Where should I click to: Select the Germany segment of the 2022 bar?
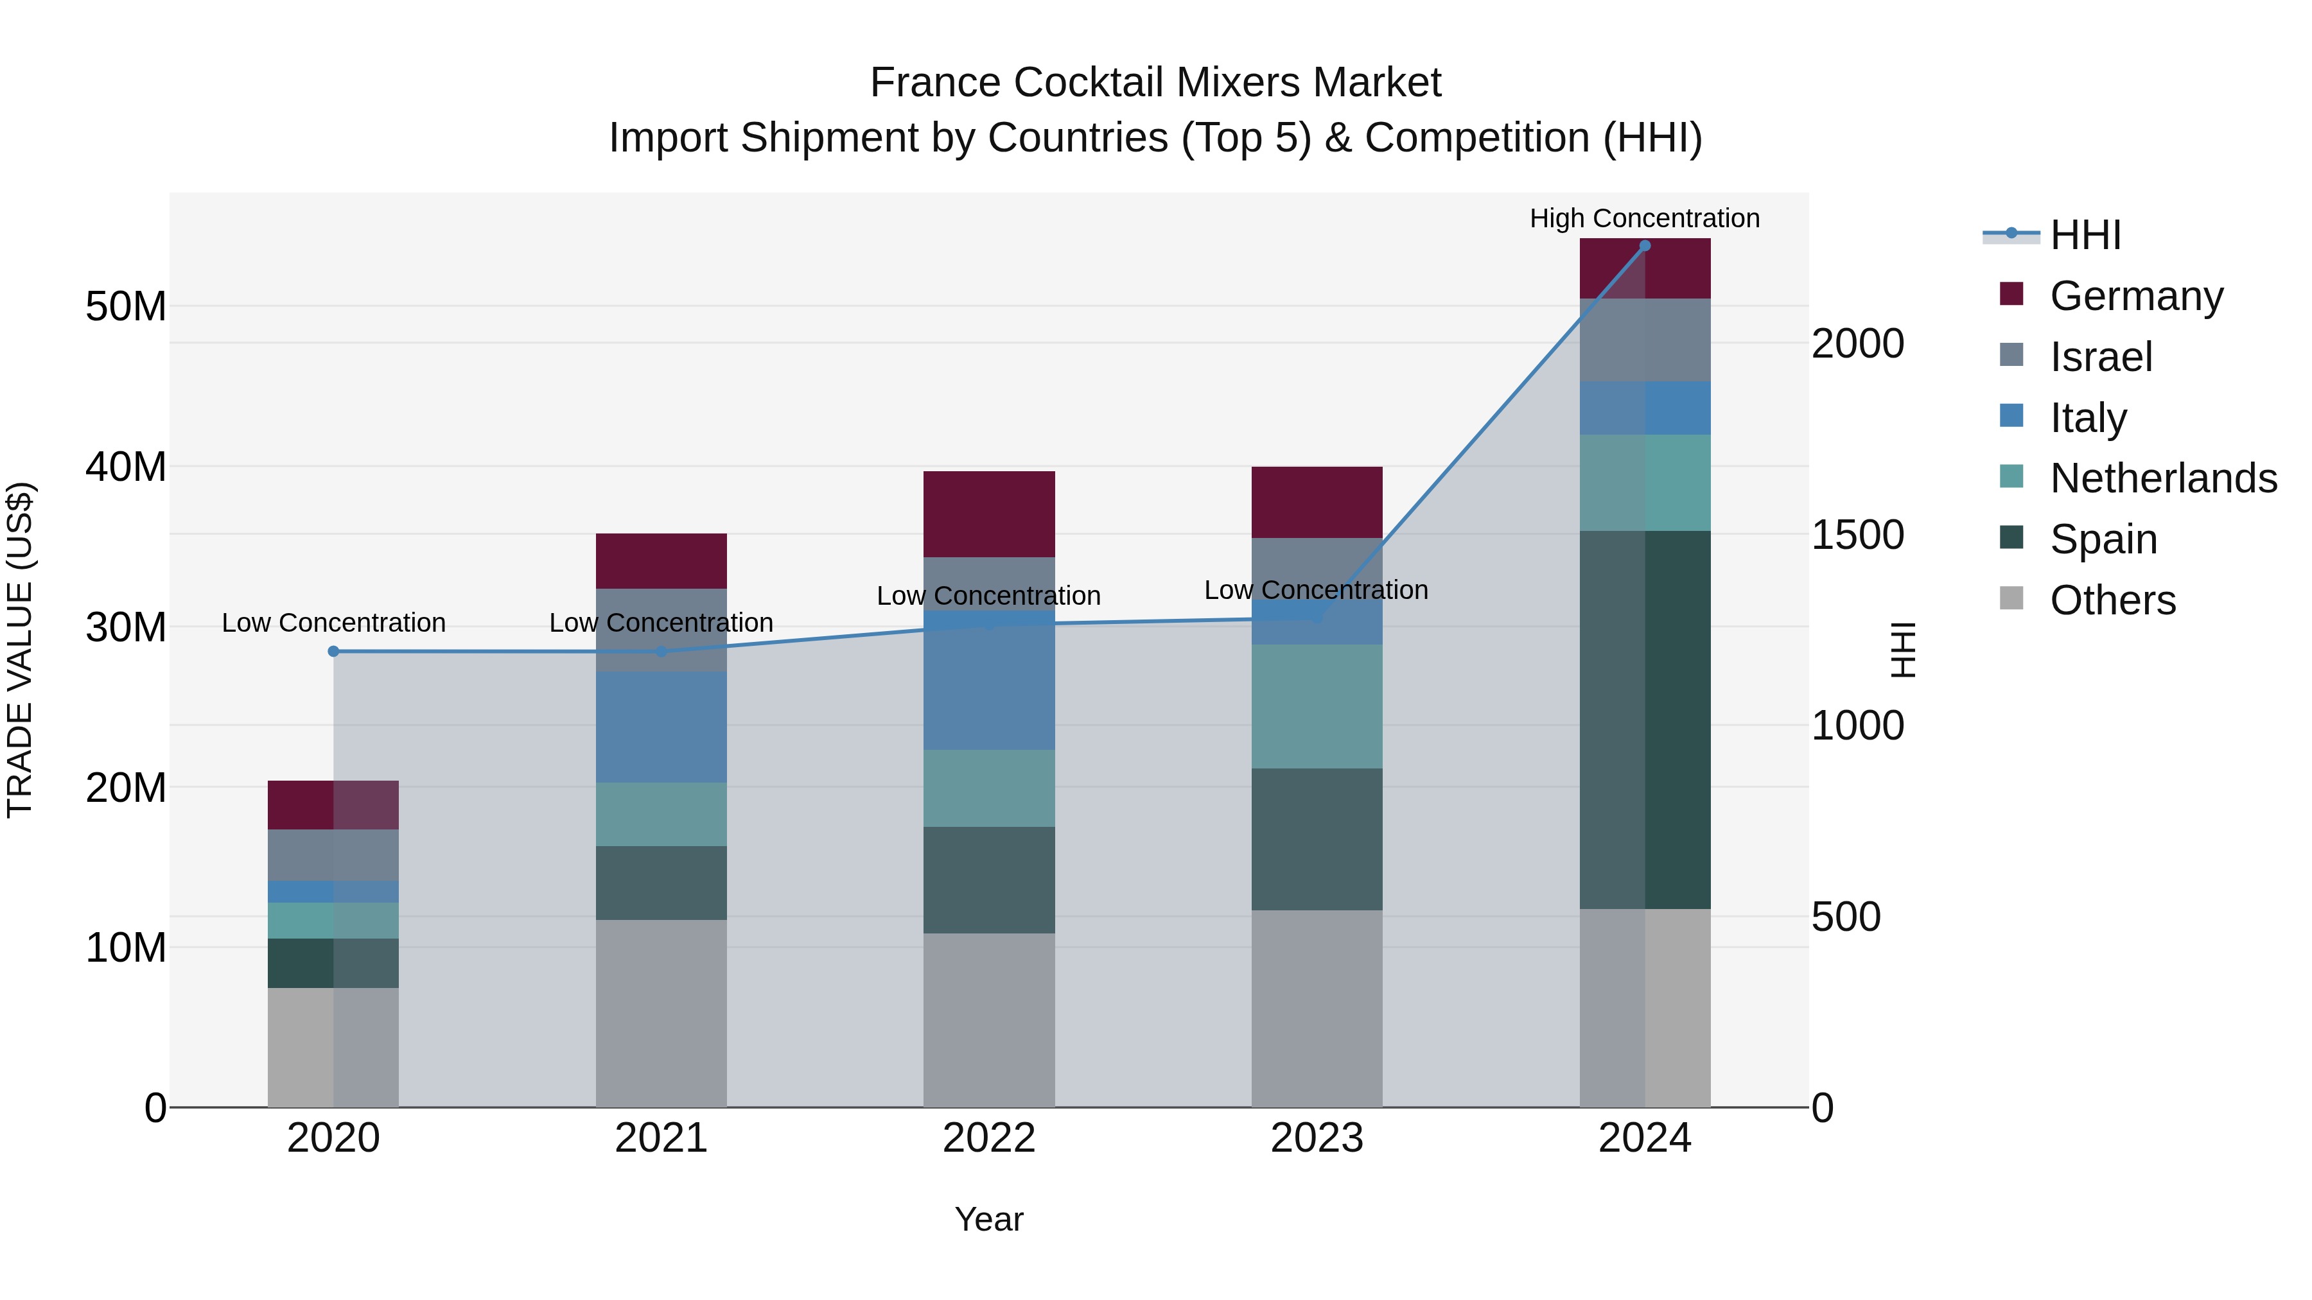(x=988, y=514)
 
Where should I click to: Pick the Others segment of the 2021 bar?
(x=661, y=1013)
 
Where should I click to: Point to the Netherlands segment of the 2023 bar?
(x=1316, y=706)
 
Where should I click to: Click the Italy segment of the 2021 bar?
(x=661, y=727)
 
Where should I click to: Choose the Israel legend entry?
(x=2100, y=356)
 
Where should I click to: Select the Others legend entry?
(x=2112, y=600)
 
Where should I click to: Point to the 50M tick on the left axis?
(x=126, y=307)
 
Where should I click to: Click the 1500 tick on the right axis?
(x=1857, y=535)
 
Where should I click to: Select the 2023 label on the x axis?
(x=1316, y=1138)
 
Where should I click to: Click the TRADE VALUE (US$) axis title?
(x=20, y=650)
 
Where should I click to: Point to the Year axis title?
(x=988, y=1219)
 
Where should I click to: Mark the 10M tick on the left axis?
(x=126, y=948)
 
